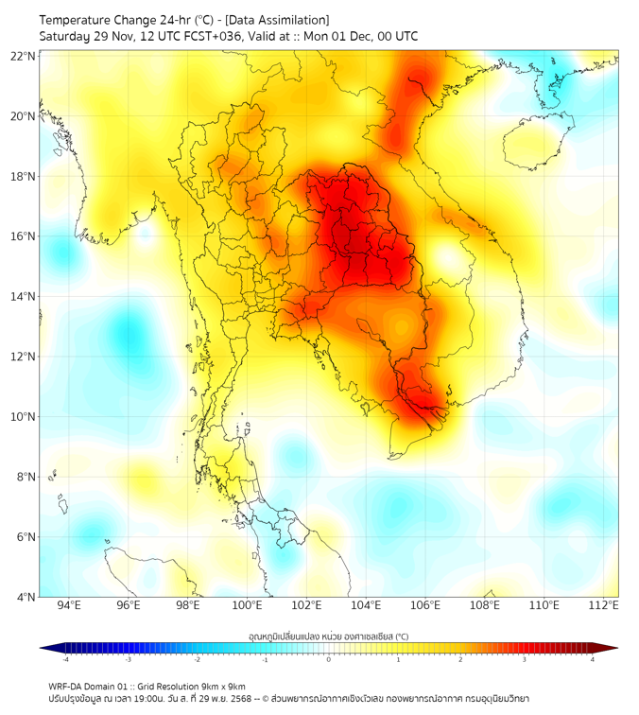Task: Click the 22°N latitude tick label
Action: [x=24, y=56]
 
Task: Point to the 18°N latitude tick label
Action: [x=24, y=176]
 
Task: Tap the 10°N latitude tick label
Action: [x=24, y=416]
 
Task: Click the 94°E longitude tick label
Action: [x=69, y=605]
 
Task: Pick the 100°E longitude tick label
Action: [x=247, y=605]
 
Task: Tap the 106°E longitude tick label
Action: [x=425, y=605]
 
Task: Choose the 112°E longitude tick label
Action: [x=604, y=605]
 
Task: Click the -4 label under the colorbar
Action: [x=65, y=659]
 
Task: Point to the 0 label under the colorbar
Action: [x=329, y=659]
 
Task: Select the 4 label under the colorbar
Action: [x=593, y=659]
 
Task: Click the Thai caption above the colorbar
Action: [x=328, y=636]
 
